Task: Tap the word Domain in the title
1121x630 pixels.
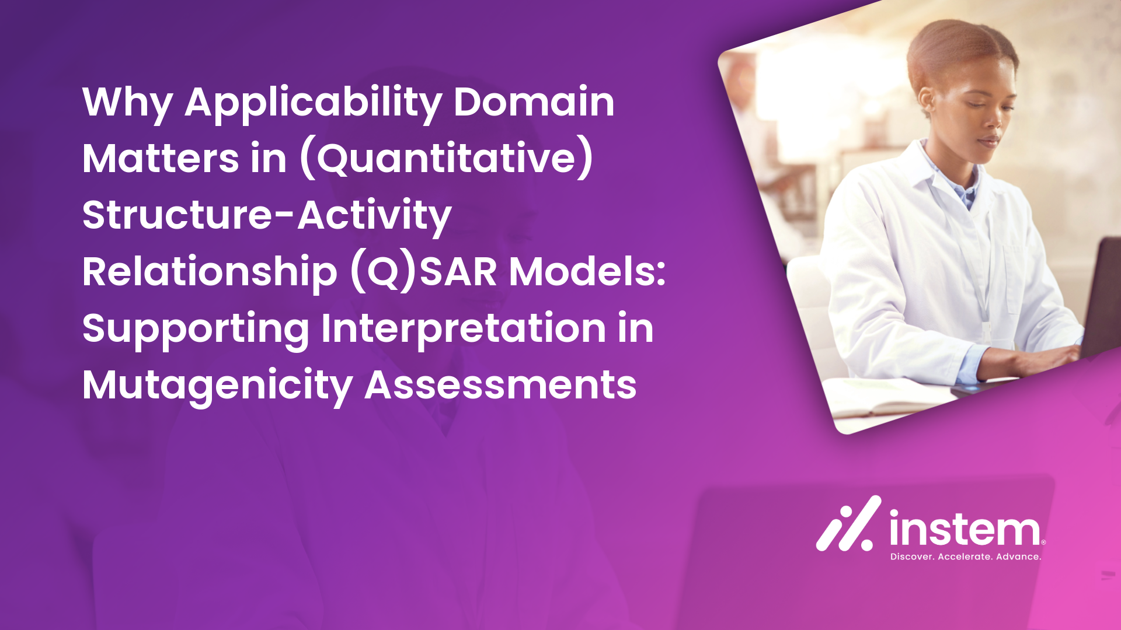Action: [534, 102]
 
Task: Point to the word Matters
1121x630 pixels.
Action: [161, 159]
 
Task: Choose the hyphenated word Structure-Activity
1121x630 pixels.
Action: [267, 216]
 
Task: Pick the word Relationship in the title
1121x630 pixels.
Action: [210, 272]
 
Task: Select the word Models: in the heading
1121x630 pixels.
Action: [587, 272]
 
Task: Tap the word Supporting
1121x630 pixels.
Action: [196, 329]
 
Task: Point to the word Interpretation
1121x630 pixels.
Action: [464, 329]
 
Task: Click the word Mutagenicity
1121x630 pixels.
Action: [217, 386]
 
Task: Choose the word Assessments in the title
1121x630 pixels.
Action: [500, 386]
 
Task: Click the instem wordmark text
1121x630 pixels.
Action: [965, 528]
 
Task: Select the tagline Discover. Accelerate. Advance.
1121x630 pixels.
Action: [966, 557]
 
